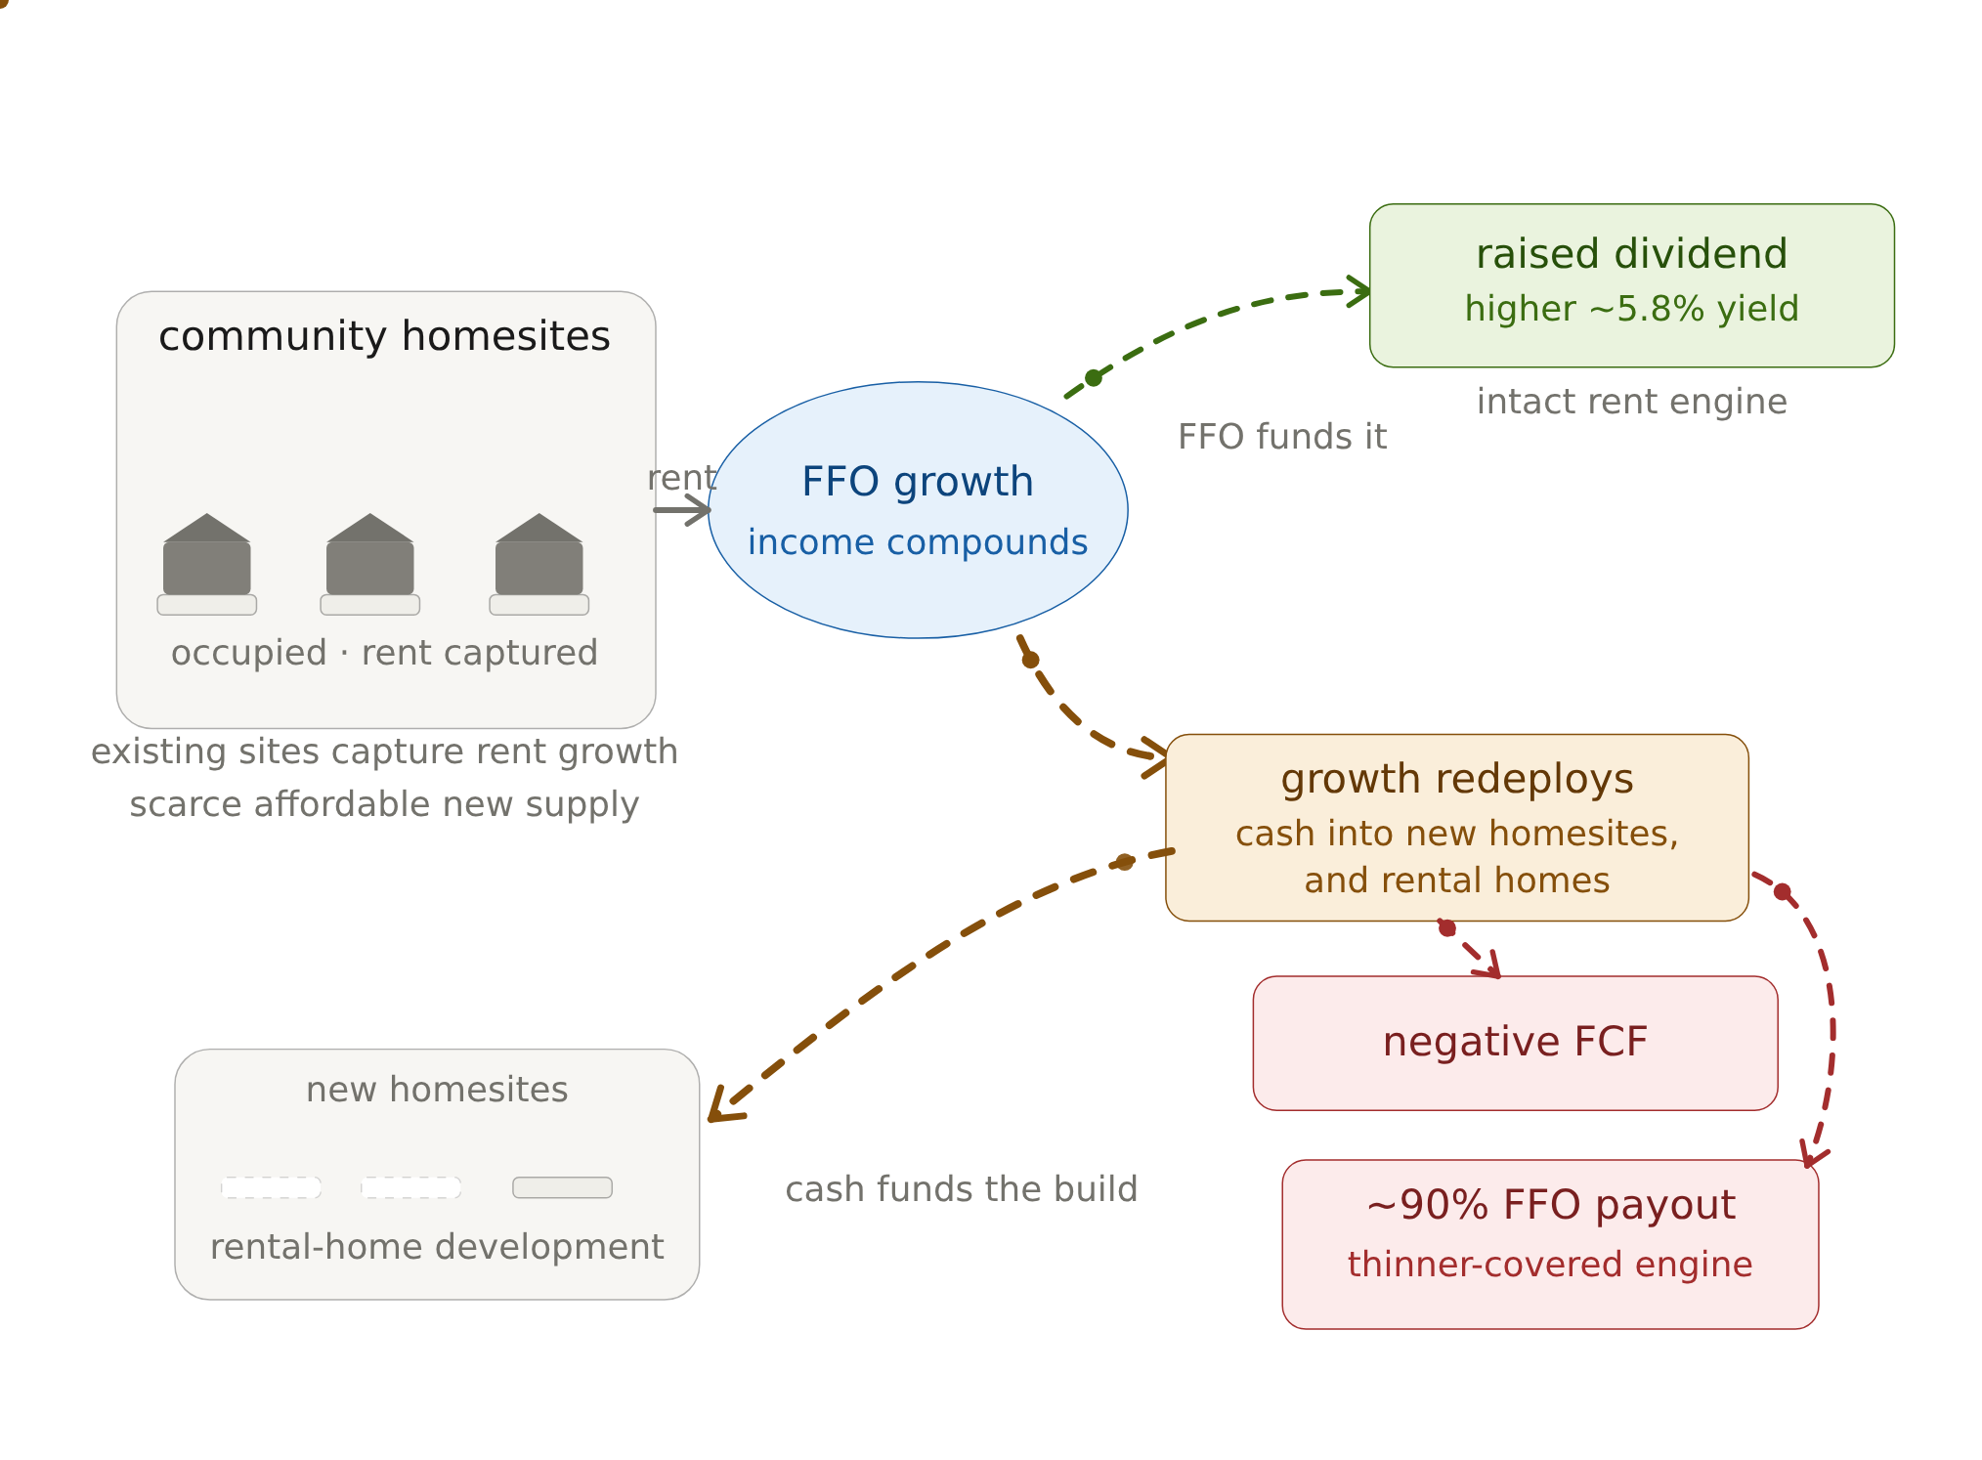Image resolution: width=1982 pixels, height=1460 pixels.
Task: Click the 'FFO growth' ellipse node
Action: [918, 510]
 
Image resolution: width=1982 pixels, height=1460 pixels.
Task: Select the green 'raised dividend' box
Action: [1632, 285]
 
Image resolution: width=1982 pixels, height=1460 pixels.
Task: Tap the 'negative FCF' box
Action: [1515, 1043]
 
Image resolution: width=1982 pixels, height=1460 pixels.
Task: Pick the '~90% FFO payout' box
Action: [1550, 1244]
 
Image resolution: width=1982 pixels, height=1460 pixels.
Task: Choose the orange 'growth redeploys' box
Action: [1457, 827]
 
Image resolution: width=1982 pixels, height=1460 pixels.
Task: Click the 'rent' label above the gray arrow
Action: [682, 478]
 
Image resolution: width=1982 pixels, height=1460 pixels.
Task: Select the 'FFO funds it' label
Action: [1282, 437]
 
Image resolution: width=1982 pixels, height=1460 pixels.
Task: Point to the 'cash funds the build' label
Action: [962, 1189]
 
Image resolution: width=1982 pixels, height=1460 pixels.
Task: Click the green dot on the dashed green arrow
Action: [1094, 377]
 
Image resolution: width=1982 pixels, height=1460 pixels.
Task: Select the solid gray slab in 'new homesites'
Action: [563, 1187]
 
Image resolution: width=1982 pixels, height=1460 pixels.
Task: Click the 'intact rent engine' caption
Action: [1632, 402]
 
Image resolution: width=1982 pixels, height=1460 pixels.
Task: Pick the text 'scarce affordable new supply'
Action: [384, 804]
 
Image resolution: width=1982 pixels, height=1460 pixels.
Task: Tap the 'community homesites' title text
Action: [384, 336]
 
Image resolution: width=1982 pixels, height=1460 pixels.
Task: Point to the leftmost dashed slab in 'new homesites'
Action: [272, 1187]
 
